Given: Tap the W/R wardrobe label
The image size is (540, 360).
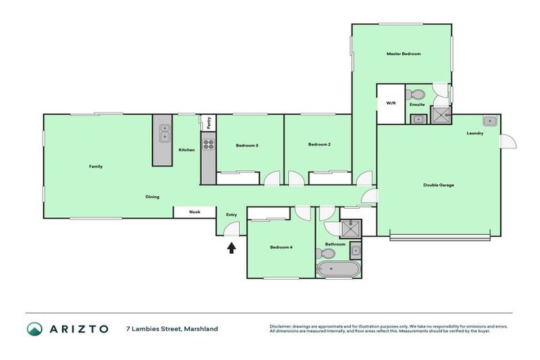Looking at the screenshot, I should (x=391, y=103).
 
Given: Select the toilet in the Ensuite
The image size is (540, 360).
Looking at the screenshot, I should (x=417, y=94).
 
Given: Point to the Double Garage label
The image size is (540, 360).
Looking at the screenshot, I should (x=438, y=185).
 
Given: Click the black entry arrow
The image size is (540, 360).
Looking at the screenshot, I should (x=231, y=247).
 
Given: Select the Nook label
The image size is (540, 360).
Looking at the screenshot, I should (x=194, y=212).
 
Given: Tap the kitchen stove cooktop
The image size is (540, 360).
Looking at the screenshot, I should (x=208, y=145).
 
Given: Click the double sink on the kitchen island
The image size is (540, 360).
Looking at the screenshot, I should (x=164, y=133).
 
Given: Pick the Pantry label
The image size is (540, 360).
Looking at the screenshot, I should (x=209, y=123).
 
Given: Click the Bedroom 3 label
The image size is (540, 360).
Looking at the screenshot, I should (x=247, y=146).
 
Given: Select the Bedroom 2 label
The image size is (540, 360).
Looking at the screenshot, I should (x=319, y=145).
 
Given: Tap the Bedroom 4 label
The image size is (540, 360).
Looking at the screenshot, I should (x=281, y=247).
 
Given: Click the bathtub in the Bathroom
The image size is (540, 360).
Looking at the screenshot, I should (x=338, y=270).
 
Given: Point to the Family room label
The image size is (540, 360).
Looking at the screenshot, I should (x=96, y=167).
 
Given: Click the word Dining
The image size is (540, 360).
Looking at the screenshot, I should (x=153, y=196).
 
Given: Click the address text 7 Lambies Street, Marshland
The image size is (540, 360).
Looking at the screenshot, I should (x=172, y=328).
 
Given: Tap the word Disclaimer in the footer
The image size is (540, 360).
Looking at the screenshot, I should (x=283, y=326).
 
